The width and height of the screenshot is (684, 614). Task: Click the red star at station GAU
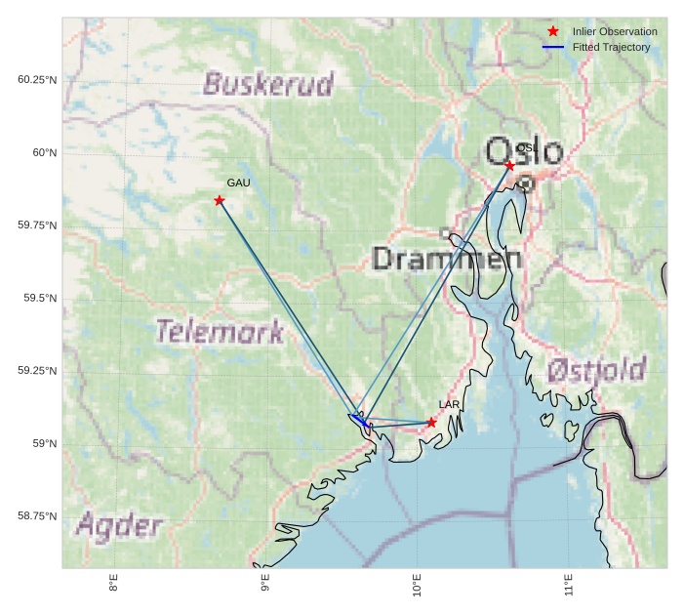pyautogui.click(x=220, y=200)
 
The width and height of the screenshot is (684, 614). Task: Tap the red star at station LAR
pyautogui.click(x=431, y=423)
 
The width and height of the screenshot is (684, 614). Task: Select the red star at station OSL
pyautogui.click(x=509, y=166)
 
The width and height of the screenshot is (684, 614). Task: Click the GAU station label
pyautogui.click(x=239, y=183)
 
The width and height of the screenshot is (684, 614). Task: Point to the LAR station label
pyautogui.click(x=449, y=404)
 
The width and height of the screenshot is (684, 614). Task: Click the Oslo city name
pyautogui.click(x=524, y=152)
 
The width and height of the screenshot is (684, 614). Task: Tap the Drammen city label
pyautogui.click(x=447, y=259)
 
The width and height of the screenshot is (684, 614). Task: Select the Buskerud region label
pyautogui.click(x=268, y=84)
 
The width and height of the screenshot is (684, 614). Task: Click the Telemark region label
pyautogui.click(x=220, y=332)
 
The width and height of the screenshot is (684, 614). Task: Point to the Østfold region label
pyautogui.click(x=595, y=370)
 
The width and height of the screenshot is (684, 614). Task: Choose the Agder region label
pyautogui.click(x=119, y=526)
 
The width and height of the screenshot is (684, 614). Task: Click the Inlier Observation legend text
pyautogui.click(x=615, y=32)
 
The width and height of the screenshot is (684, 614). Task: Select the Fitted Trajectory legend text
pyautogui.click(x=611, y=47)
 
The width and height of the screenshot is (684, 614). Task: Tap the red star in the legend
pyautogui.click(x=553, y=32)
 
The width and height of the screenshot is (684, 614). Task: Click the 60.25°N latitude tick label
pyautogui.click(x=37, y=79)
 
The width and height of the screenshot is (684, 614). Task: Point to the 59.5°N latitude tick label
pyautogui.click(x=40, y=298)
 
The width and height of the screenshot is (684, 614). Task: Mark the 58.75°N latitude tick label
pyautogui.click(x=37, y=516)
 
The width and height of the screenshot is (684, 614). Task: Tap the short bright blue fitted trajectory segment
pyautogui.click(x=358, y=420)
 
